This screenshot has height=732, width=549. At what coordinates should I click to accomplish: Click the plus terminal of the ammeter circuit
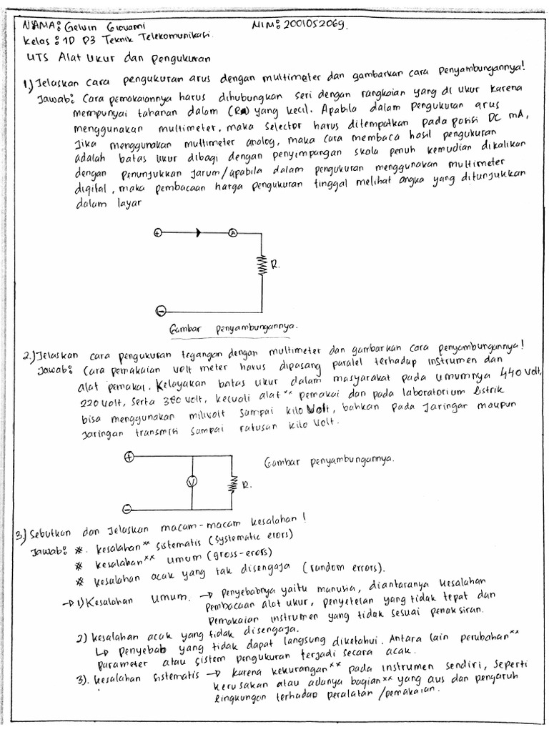[158, 232]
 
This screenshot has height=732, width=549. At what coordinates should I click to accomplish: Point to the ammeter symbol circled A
[232, 233]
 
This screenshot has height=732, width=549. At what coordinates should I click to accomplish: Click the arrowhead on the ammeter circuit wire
[198, 233]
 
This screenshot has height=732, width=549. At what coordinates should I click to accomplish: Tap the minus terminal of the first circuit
[161, 310]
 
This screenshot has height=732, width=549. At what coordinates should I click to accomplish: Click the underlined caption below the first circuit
[232, 328]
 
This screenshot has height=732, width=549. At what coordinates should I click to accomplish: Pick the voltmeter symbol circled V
[191, 483]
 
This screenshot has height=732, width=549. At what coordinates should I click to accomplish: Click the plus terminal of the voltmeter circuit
[129, 457]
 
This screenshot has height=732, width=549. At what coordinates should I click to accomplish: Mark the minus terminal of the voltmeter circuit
[127, 509]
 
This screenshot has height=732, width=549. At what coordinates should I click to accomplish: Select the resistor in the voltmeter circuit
[232, 485]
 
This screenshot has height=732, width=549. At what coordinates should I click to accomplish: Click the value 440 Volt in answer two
[523, 373]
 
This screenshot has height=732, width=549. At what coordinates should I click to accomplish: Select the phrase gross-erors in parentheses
[244, 555]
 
